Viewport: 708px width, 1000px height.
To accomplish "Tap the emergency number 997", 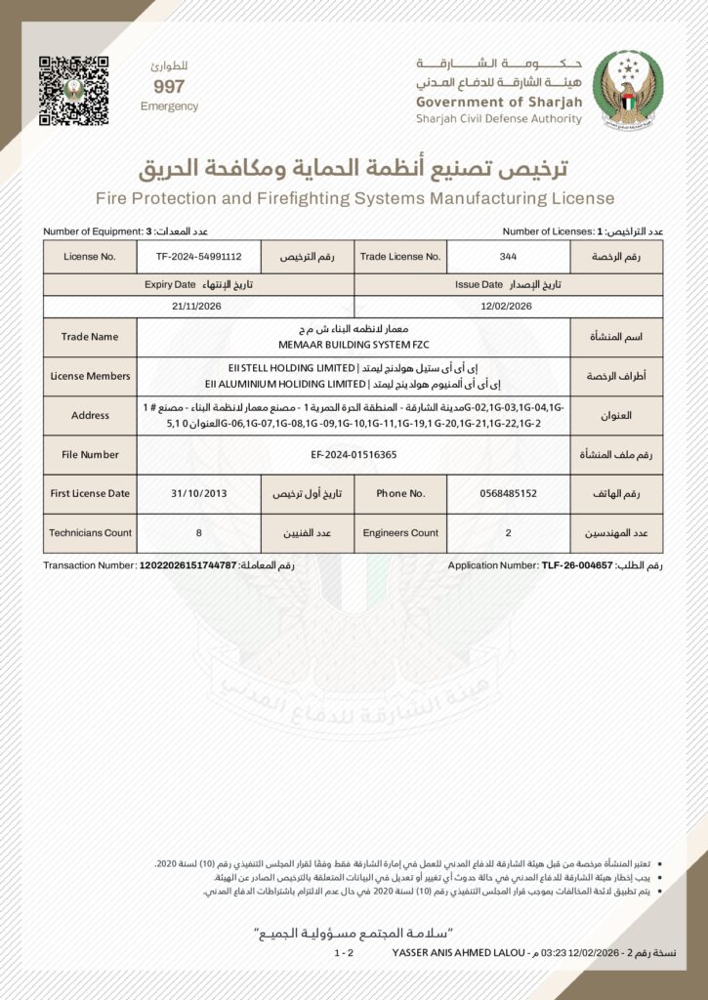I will click(x=169, y=87).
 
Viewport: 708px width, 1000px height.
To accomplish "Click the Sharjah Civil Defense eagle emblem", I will click(x=627, y=90).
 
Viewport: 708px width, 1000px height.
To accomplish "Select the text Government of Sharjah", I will click(x=498, y=103).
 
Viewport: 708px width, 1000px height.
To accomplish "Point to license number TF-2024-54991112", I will click(x=198, y=257).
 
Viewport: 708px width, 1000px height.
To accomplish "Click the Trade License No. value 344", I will click(x=507, y=257).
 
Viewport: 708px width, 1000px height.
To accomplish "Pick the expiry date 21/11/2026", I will click(x=198, y=306).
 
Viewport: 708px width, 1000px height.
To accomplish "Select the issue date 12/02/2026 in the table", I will click(x=507, y=306).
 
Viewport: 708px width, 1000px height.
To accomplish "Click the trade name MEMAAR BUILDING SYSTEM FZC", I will click(x=353, y=345).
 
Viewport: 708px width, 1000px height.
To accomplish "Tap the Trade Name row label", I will click(x=90, y=337).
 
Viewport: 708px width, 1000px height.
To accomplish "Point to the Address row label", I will click(x=90, y=415).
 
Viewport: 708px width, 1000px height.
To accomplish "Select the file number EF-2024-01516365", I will click(x=353, y=455).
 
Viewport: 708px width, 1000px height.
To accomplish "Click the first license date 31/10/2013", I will click(x=198, y=494).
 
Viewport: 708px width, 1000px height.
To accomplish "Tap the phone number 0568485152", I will click(x=508, y=494).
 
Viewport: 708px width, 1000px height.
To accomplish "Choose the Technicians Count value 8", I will click(x=198, y=533).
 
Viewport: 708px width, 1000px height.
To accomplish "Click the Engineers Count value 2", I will click(x=507, y=533).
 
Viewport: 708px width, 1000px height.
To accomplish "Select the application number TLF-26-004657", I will click(x=576, y=565).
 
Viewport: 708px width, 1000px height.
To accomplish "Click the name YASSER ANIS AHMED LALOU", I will click(x=458, y=951).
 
